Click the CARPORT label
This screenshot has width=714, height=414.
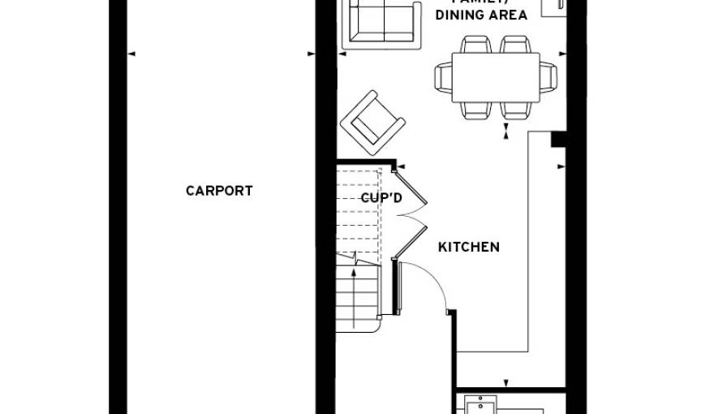(219, 191)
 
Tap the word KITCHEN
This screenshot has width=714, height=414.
(469, 247)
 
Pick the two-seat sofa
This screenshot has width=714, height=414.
(380, 22)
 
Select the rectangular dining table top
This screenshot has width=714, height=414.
(496, 77)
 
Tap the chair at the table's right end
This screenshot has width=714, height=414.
(549, 77)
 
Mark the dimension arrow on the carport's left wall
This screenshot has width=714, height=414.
(131, 54)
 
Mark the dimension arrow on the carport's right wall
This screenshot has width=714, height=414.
(311, 54)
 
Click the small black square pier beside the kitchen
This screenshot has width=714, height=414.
(557, 139)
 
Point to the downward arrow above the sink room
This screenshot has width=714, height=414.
(506, 383)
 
